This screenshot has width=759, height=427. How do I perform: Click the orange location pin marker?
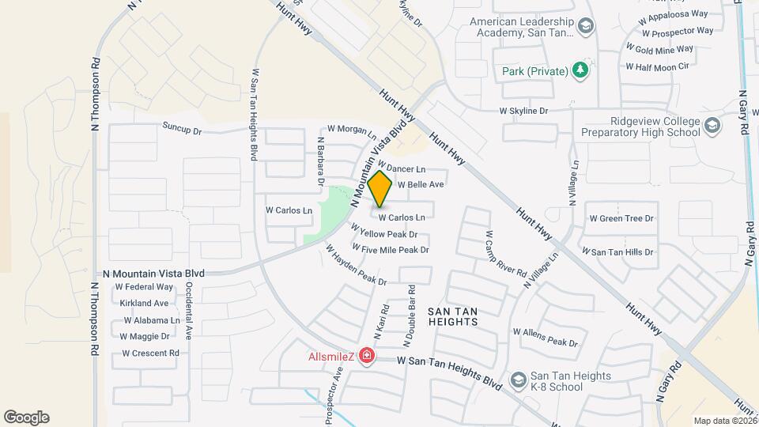(380, 189)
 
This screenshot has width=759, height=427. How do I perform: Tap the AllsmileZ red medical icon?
(366, 357)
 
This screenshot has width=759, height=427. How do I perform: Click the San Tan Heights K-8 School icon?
(518, 381)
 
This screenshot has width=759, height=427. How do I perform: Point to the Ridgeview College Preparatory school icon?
(712, 127)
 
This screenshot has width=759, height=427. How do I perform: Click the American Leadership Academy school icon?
(585, 28)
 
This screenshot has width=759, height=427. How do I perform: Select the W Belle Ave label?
(420, 184)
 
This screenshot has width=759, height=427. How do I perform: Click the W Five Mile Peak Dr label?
(391, 250)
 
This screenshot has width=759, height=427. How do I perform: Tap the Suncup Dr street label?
(183, 126)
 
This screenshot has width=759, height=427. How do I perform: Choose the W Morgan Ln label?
(352, 129)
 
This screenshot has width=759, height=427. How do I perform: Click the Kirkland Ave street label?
(144, 303)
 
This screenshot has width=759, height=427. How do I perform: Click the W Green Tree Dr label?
(621, 218)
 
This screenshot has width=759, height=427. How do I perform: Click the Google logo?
(26, 417)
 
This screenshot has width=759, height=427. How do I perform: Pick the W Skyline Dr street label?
(524, 111)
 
